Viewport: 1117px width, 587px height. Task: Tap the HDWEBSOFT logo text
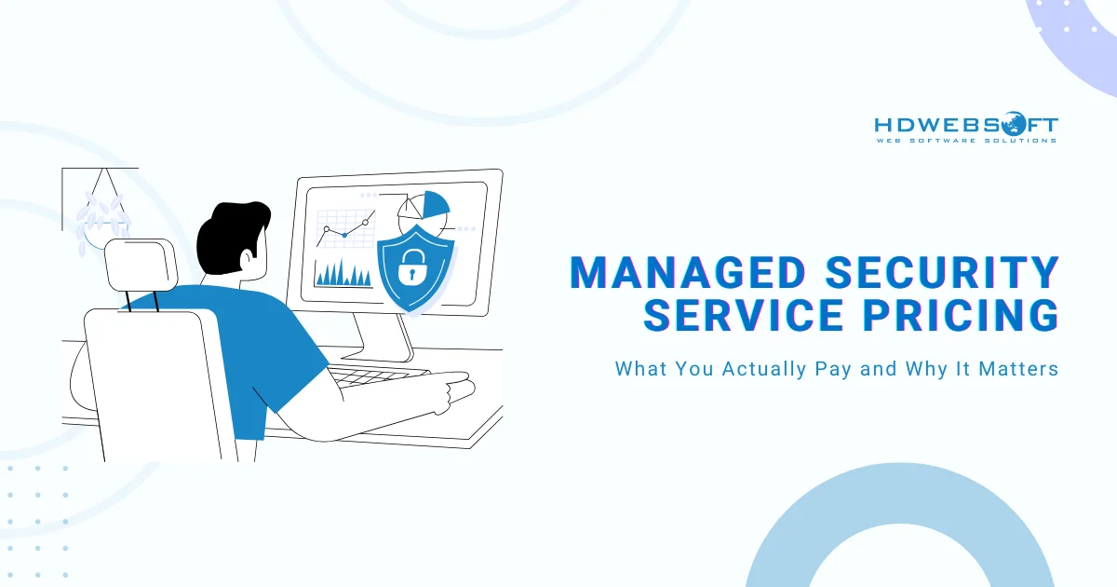966,125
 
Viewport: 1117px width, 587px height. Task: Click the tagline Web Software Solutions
966,141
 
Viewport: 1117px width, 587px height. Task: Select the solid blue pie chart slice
435,205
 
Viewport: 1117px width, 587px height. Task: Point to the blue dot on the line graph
344,235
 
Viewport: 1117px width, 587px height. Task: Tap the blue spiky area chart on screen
343,273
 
